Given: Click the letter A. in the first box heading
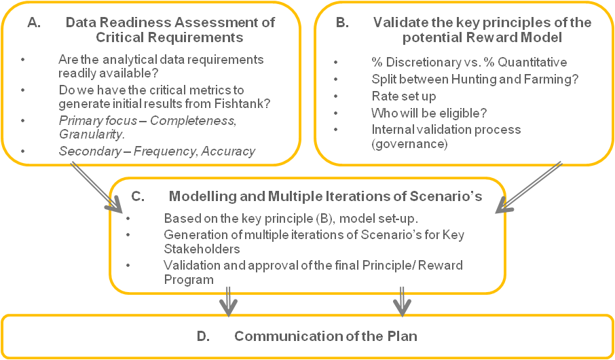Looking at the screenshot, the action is point(34,22).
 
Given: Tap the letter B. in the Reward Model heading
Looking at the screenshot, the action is point(342,22).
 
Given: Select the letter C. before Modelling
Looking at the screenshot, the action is point(138,196).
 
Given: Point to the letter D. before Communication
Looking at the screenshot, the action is point(203,336).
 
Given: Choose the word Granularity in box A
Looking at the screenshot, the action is point(91,134).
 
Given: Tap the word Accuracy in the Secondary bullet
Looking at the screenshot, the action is point(228,151).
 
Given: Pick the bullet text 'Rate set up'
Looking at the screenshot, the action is point(404,96).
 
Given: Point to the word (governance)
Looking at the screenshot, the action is point(409,144).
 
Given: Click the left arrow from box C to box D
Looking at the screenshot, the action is point(228,301).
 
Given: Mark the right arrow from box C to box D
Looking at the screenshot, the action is point(402,301).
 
